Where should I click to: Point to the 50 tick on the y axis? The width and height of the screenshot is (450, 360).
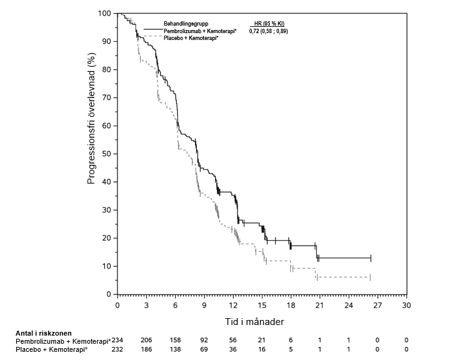116,154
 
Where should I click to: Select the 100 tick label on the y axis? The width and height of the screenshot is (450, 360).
104,14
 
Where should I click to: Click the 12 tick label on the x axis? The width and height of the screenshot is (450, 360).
232,306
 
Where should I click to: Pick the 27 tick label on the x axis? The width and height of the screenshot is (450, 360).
377,306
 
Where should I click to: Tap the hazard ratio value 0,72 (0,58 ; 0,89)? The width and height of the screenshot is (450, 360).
269,31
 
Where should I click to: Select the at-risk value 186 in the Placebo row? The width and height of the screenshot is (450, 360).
146,350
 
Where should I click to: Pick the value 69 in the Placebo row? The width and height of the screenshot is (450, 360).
204,350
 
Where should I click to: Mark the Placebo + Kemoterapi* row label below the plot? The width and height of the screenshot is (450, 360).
51,350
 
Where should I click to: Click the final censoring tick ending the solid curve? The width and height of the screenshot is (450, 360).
371,257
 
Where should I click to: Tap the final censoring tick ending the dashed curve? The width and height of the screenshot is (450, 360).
370,277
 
